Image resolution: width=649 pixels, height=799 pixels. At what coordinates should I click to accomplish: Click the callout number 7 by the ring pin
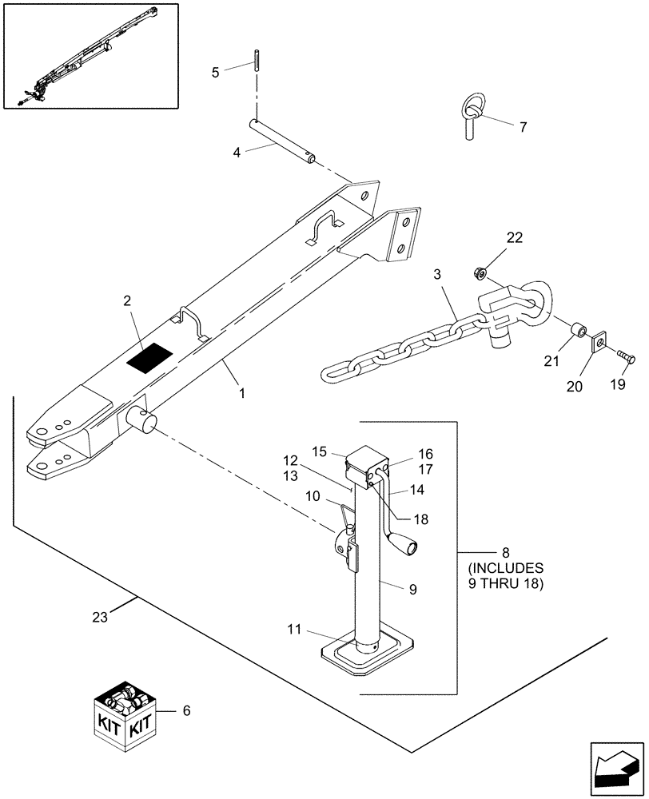click(x=523, y=127)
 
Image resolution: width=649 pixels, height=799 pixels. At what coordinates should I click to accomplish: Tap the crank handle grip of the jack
click(x=412, y=548)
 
